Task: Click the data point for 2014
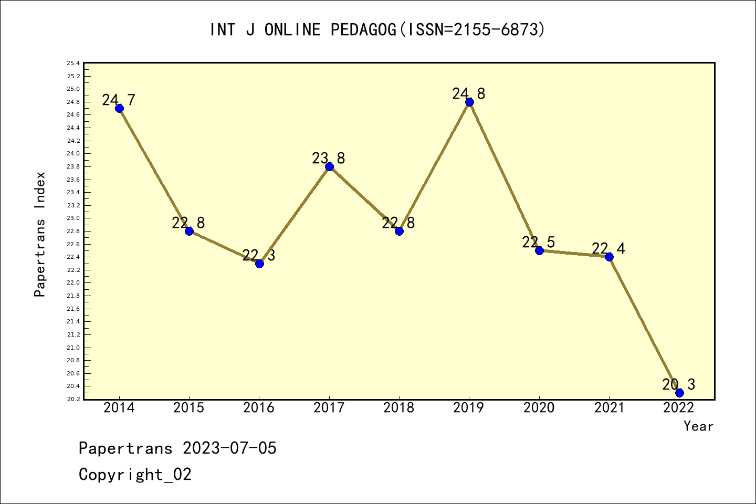coord(119,108)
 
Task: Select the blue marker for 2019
coord(469,102)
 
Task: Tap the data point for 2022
coord(679,393)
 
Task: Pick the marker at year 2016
coord(259,264)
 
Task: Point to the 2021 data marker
coord(609,257)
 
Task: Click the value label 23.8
coord(329,158)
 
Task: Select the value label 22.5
coord(539,242)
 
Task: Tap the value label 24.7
coord(119,100)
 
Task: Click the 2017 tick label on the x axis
coord(329,408)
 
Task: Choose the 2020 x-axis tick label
coord(539,408)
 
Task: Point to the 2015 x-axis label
coord(188,408)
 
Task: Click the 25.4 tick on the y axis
coord(73,64)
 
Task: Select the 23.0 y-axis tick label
coord(73,218)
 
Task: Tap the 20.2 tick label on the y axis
coord(73,400)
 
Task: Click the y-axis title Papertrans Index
coord(40,234)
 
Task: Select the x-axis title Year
coord(698,426)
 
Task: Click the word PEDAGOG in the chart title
coord(363,30)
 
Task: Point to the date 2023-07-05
coord(229,448)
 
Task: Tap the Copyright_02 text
coord(135,475)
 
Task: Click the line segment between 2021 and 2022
coord(644,325)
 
